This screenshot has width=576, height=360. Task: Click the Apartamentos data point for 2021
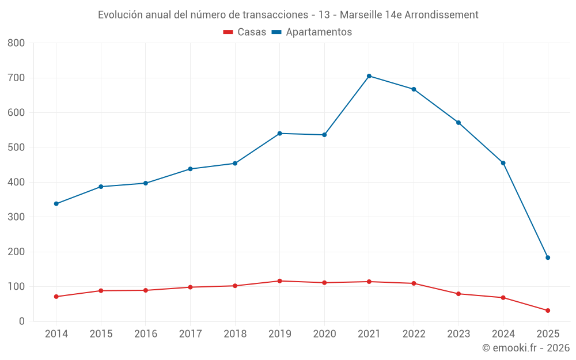[369, 76]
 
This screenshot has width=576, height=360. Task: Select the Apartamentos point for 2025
[548, 257]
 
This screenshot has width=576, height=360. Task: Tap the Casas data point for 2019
[279, 281]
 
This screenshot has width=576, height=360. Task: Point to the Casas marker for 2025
[548, 310]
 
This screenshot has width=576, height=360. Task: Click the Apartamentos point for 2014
[56, 204]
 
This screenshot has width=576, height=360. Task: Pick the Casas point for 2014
[56, 297]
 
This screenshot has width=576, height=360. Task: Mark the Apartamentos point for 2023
[458, 123]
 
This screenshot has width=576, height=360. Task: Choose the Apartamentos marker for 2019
[279, 134]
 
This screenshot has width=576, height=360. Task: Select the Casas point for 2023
[458, 294]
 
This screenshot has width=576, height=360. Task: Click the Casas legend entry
[245, 32]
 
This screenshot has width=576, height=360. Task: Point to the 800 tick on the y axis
[17, 43]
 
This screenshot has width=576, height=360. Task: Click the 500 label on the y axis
[17, 147]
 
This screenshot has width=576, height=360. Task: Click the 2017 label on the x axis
[190, 334]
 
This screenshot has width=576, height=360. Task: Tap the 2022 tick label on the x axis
[414, 334]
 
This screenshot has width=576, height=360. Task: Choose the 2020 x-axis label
[324, 334]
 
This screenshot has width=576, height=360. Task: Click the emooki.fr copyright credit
[526, 348]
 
